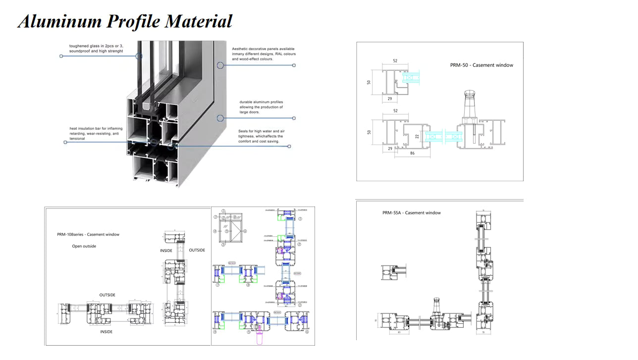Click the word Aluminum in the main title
click(x=59, y=21)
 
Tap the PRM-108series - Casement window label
click(x=88, y=235)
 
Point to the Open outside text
click(x=84, y=246)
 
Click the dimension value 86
click(x=412, y=154)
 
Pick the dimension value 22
click(x=417, y=136)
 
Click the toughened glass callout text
click(x=96, y=49)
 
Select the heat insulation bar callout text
click(x=96, y=133)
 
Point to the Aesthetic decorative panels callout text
click(x=264, y=54)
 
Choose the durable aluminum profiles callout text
click(x=261, y=107)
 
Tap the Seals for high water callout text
click(x=261, y=136)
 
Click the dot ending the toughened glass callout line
click(x=61, y=56)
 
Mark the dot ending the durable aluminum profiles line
click(x=294, y=118)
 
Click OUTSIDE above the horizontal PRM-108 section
click(x=107, y=295)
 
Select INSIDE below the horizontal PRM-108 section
click(x=106, y=332)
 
